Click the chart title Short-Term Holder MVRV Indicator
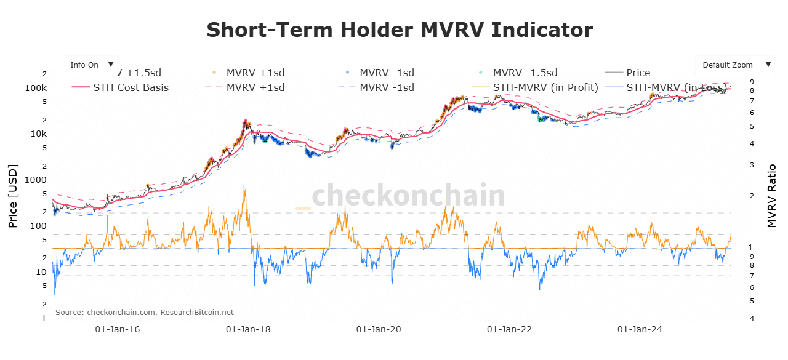coord(400,30)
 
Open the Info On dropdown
coord(90,65)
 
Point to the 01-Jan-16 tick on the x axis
coord(118,329)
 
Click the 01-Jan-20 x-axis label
coord(379,329)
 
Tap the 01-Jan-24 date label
coord(640,329)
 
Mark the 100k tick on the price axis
coord(36,88)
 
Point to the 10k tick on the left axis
coord(39,134)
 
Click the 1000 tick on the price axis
coord(36,180)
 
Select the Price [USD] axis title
coord(13,196)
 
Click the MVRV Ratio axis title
coord(772,196)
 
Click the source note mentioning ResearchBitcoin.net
coord(145,312)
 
